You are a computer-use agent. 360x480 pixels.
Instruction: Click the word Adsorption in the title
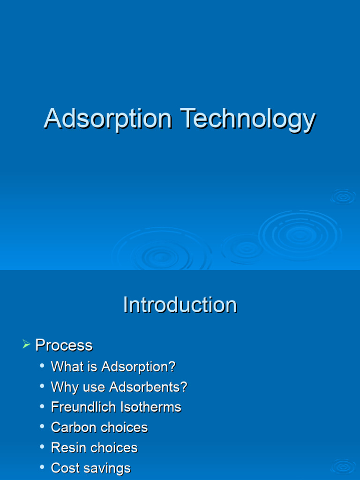click(108, 118)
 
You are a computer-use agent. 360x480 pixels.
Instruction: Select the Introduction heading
click(180, 305)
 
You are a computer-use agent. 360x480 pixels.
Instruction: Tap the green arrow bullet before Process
click(26, 345)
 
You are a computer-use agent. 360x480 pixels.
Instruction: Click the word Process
click(64, 345)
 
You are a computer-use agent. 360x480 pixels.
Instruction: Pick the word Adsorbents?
click(148, 387)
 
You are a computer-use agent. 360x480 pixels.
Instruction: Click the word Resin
click(66, 448)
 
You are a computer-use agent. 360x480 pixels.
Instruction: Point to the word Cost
click(64, 468)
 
